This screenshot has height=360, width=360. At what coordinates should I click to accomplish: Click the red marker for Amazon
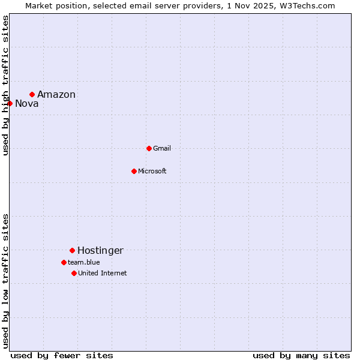pyautogui.click(x=32, y=94)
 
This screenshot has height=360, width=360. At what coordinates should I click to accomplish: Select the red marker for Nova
pyautogui.click(x=10, y=103)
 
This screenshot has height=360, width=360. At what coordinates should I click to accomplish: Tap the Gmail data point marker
pyautogui.click(x=149, y=148)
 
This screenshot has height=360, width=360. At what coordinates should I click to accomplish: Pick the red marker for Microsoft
pyautogui.click(x=134, y=171)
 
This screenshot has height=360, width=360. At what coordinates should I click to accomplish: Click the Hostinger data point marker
pyautogui.click(x=72, y=250)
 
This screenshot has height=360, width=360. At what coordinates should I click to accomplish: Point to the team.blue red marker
pyautogui.click(x=64, y=262)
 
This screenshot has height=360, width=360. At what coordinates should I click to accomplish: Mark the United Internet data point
pyautogui.click(x=74, y=273)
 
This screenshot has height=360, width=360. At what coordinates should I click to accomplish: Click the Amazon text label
pyautogui.click(x=56, y=94)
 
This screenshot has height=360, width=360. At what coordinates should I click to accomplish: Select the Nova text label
pyautogui.click(x=27, y=103)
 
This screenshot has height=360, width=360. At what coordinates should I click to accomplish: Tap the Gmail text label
pyautogui.click(x=162, y=148)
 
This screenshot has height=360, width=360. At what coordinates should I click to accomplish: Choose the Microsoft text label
pyautogui.click(x=152, y=171)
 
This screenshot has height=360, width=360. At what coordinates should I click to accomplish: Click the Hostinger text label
pyautogui.click(x=100, y=250)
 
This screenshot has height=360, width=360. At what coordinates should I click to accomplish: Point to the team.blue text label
pyautogui.click(x=84, y=262)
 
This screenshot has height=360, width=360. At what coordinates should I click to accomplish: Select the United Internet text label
pyautogui.click(x=103, y=273)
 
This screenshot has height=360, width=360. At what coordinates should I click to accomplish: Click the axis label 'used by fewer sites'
pyautogui.click(x=62, y=355)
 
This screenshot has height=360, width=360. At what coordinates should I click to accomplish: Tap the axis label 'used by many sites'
pyautogui.click(x=301, y=355)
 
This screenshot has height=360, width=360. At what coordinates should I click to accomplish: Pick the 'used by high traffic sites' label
pyautogui.click(x=6, y=85)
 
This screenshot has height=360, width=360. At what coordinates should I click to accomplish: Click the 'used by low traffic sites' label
pyautogui.click(x=6, y=281)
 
